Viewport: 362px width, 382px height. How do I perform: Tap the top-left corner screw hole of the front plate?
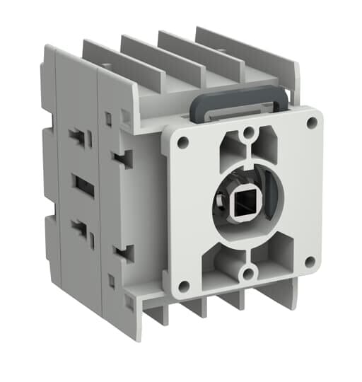click(182, 141)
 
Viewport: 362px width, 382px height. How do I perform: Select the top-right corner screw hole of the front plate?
click(311, 122)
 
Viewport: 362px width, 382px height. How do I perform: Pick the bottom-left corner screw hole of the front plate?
click(183, 286)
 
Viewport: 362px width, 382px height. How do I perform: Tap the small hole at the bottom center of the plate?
click(247, 273)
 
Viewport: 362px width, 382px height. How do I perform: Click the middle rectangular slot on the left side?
click(83, 187)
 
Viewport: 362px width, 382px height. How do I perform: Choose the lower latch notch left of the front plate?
click(125, 253)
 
